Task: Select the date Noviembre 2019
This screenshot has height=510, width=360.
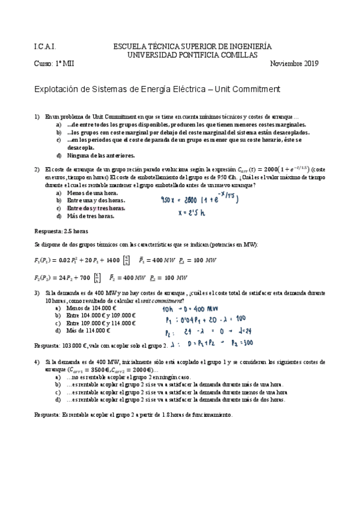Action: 294,64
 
